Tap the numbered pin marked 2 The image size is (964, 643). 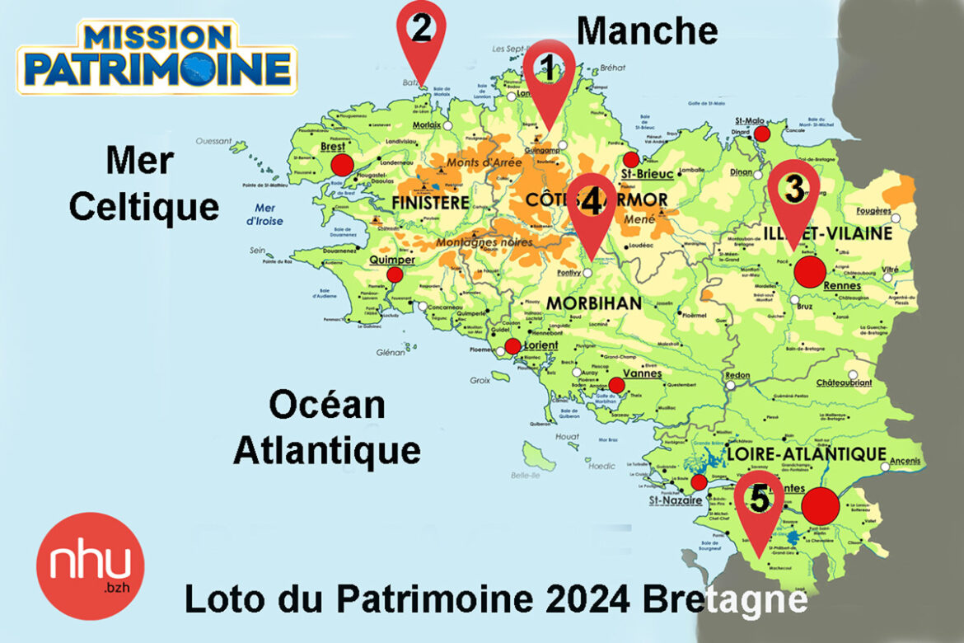click(421, 31)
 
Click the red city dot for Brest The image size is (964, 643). click(342, 165)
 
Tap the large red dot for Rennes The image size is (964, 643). click(810, 271)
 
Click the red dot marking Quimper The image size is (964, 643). click(395, 275)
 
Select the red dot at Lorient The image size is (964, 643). click(512, 346)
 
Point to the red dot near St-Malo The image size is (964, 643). click(762, 134)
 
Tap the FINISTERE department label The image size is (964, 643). click(431, 202)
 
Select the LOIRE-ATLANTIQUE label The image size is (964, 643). click(806, 454)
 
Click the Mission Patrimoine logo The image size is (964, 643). click(157, 56)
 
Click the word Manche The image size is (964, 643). click(647, 31)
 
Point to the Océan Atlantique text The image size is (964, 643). click(326, 428)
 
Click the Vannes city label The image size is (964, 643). click(643, 373)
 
